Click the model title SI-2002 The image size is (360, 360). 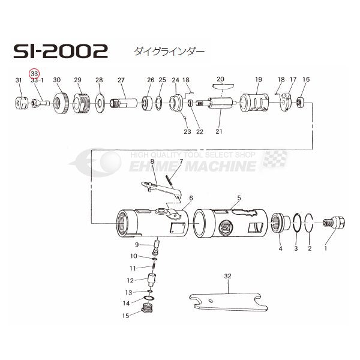[x=61, y=51]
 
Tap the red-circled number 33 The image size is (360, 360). [x=34, y=74]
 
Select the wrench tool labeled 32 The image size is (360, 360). [x=229, y=302]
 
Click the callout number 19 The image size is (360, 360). [x=259, y=79]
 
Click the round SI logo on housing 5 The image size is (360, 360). [x=226, y=227]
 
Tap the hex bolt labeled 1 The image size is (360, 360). [x=334, y=223]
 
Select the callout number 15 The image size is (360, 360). [x=125, y=316]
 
